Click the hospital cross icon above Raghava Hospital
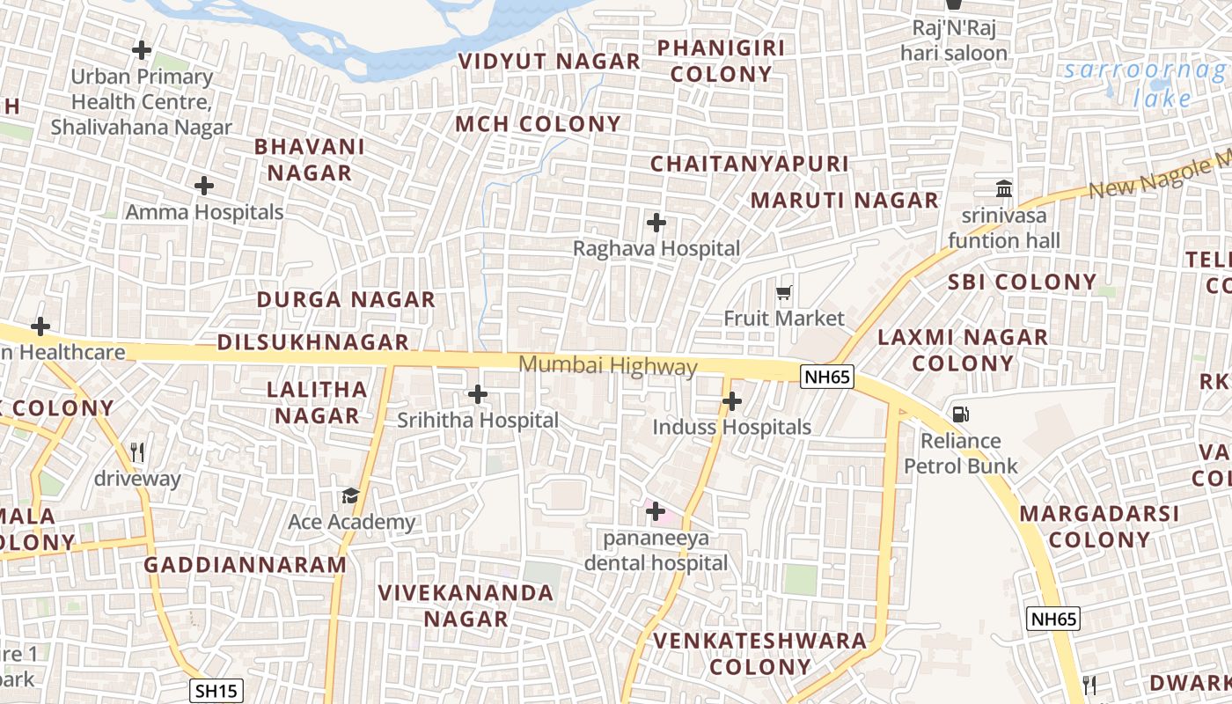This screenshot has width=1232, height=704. tap(656, 223)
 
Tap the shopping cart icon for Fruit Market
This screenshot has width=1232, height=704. tap(783, 292)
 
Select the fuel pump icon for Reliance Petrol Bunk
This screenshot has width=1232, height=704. tap(960, 414)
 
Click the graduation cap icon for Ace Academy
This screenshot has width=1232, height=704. tap(350, 496)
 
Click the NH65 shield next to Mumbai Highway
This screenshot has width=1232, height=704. tap(826, 378)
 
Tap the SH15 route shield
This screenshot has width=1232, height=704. tap(216, 691)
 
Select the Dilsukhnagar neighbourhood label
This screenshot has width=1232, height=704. tap(313, 342)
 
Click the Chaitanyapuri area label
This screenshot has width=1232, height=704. tap(749, 164)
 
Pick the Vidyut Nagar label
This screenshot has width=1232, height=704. tap(549, 62)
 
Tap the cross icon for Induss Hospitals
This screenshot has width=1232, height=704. tap(731, 402)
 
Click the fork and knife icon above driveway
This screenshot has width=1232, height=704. tap(136, 453)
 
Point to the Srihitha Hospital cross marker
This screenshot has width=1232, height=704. tap(477, 394)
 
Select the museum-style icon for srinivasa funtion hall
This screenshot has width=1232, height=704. tap(1003, 188)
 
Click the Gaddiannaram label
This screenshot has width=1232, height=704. tap(246, 565)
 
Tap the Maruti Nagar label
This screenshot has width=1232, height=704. tap(844, 201)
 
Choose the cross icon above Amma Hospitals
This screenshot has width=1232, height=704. tap(203, 186)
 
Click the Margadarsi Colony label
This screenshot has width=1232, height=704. tap(1099, 526)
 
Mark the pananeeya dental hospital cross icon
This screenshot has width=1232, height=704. tap(655, 510)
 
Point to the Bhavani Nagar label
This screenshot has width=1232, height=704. tap(310, 159)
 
